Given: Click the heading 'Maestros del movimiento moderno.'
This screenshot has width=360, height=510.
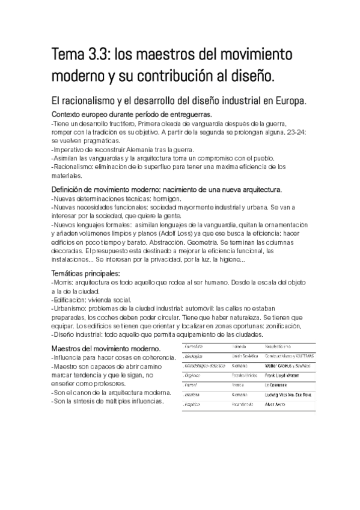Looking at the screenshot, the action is pos(106,349).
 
